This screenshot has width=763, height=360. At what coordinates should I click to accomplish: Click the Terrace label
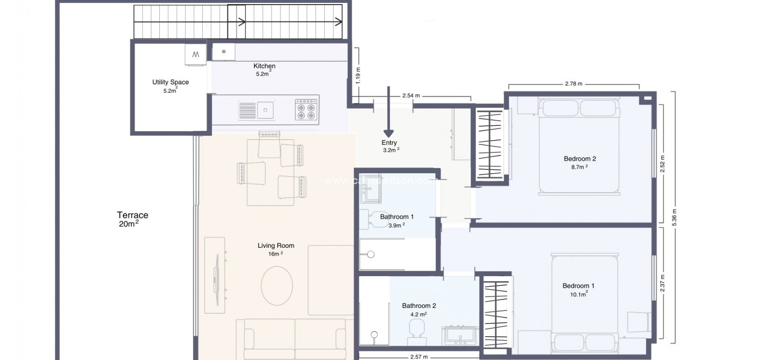click(132, 215)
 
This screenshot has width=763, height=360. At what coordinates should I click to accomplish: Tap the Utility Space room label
click(170, 82)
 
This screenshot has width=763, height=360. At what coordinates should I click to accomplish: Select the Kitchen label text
click(264, 66)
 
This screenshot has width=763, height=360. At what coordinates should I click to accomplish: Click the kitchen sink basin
click(266, 110)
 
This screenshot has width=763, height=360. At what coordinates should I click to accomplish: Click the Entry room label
click(389, 143)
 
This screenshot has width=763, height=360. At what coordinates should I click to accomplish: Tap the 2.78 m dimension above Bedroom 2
click(573, 84)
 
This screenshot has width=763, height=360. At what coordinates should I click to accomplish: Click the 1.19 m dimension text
click(358, 75)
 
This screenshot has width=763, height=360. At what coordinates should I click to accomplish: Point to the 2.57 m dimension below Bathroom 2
click(419, 357)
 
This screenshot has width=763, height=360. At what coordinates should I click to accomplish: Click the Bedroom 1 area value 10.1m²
click(579, 294)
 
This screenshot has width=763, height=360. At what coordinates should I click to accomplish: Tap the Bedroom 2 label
click(579, 159)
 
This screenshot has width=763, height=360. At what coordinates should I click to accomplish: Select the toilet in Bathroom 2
click(416, 330)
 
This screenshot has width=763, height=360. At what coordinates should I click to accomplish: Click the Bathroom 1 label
click(396, 217)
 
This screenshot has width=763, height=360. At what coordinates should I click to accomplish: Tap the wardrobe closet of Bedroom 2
click(490, 144)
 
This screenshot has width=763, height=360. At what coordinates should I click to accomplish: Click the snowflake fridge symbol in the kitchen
click(224, 52)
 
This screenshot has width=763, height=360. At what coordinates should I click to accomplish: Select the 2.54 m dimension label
click(411, 96)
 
